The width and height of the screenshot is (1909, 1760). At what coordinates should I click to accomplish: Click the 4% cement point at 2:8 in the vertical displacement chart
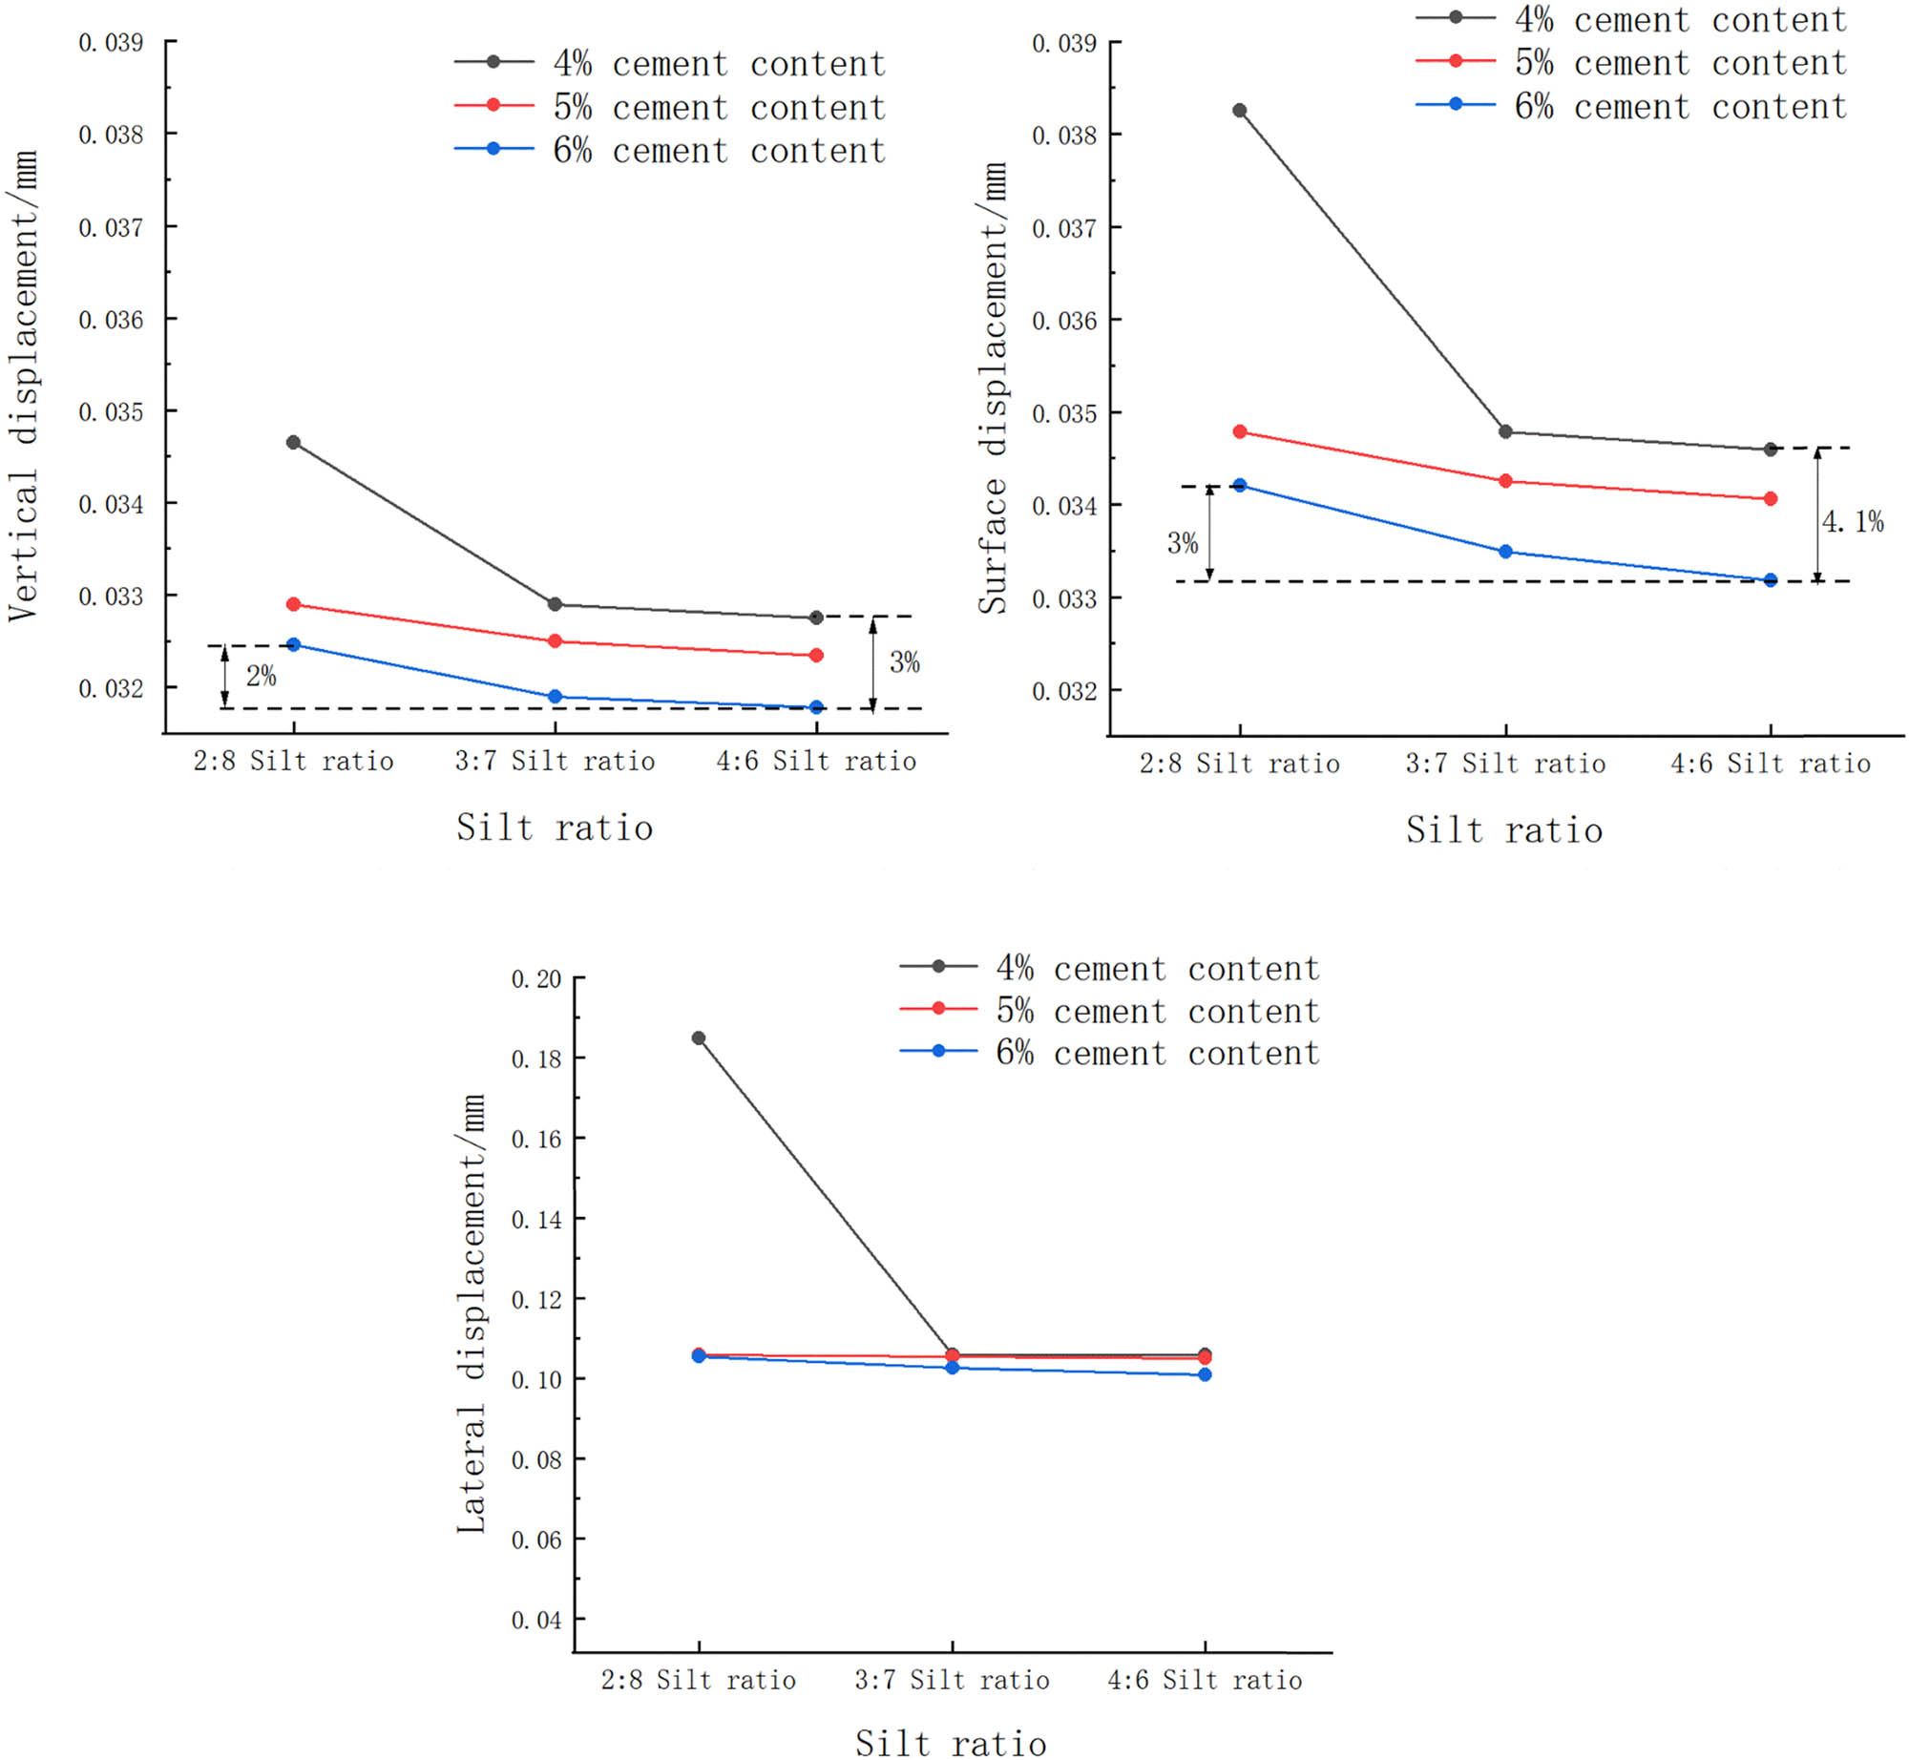click(x=293, y=443)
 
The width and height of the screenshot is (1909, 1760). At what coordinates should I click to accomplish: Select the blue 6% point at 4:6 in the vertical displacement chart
click(x=816, y=707)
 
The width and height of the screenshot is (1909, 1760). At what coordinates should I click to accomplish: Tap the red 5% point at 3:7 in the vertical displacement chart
click(x=555, y=641)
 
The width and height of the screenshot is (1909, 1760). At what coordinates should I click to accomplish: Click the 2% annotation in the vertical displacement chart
click(x=261, y=677)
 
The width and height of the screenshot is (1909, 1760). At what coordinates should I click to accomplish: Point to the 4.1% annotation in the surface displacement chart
click(x=1853, y=522)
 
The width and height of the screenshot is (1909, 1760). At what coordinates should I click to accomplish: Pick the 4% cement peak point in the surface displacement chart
click(x=1240, y=111)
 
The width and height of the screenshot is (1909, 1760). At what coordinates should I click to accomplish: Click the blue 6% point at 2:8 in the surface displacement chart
click(x=1240, y=485)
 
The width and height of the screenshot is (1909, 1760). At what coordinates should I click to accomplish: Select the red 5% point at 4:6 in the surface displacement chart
click(x=1771, y=499)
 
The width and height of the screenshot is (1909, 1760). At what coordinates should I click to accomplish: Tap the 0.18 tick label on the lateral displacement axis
click(x=536, y=1059)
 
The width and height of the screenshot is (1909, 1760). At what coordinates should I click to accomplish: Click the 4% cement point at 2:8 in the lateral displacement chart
click(x=699, y=1038)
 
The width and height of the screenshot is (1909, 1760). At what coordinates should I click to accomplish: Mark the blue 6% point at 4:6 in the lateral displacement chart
click(x=1205, y=1374)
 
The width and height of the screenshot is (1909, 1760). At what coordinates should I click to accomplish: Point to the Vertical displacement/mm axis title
click(x=24, y=387)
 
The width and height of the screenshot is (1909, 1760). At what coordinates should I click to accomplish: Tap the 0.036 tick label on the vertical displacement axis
click(x=111, y=320)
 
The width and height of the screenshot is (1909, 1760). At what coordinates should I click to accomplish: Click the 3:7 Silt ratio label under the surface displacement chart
click(x=1505, y=764)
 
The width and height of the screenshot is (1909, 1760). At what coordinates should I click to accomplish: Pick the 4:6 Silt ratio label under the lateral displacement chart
click(x=1205, y=1680)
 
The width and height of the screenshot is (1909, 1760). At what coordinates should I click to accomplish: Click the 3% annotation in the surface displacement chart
click(x=1183, y=544)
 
